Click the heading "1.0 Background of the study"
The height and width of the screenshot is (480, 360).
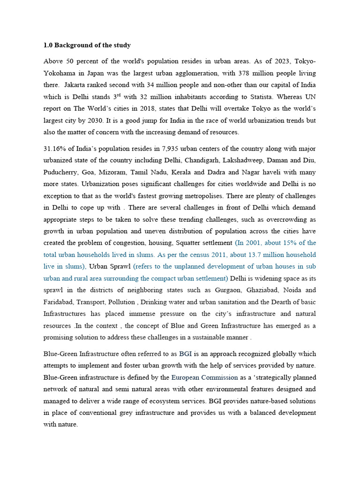[87, 45]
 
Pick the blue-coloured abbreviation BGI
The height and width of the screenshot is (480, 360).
[186, 354]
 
